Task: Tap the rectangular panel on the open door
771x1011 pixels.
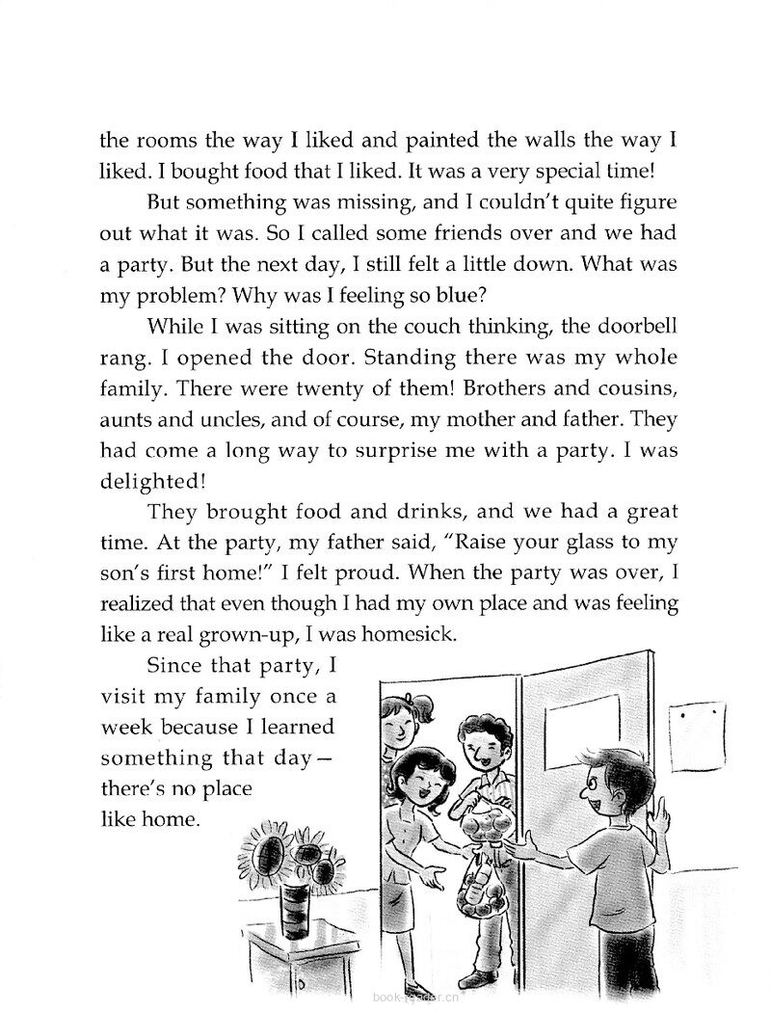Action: tap(570, 723)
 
